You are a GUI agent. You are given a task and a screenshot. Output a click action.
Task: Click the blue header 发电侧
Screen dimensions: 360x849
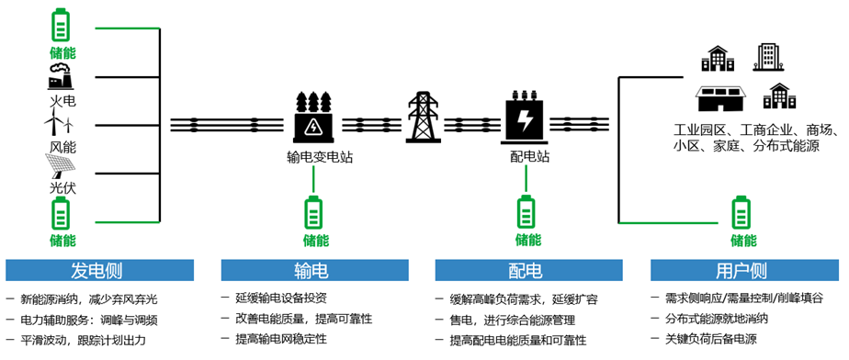100,271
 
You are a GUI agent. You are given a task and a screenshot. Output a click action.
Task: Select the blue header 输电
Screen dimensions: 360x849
316,271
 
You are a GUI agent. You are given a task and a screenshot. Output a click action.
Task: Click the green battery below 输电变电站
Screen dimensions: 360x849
314,213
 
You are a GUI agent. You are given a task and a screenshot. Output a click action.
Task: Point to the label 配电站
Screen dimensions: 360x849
529,157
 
